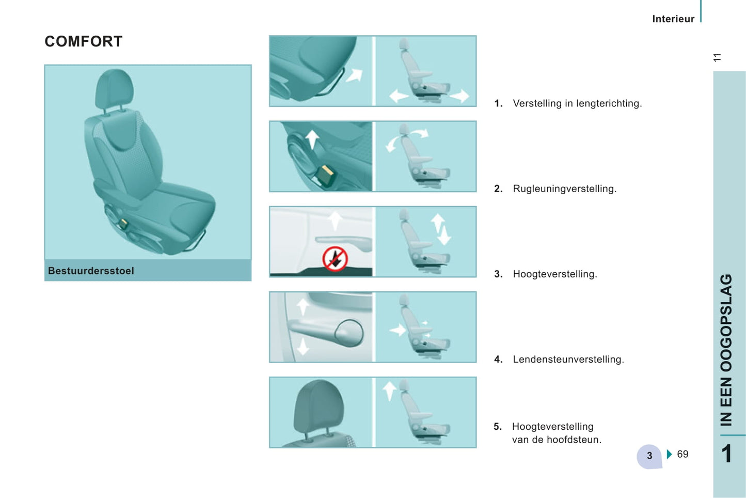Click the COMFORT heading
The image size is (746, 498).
tap(84, 41)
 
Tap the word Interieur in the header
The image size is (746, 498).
tap(673, 19)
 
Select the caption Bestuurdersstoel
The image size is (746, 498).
tap(91, 271)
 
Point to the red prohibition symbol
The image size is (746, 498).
tap(335, 259)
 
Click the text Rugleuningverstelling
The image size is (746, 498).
tap(565, 189)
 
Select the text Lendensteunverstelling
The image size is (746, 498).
tap(568, 360)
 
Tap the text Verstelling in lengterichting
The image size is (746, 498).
tap(578, 103)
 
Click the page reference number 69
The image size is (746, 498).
tap(682, 454)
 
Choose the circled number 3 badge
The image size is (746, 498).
tap(649, 456)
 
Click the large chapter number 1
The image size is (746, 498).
tap(727, 454)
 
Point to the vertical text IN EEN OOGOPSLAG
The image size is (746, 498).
tap(726, 350)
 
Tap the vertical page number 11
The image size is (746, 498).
tap(717, 57)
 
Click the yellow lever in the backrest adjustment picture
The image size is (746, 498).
tap(325, 175)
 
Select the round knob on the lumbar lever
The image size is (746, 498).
tap(349, 333)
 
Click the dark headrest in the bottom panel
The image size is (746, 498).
tap(319, 407)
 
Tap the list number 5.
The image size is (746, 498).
tap(498, 427)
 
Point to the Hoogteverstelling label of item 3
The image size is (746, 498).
tap(555, 274)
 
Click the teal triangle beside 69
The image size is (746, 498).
tap(670, 454)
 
